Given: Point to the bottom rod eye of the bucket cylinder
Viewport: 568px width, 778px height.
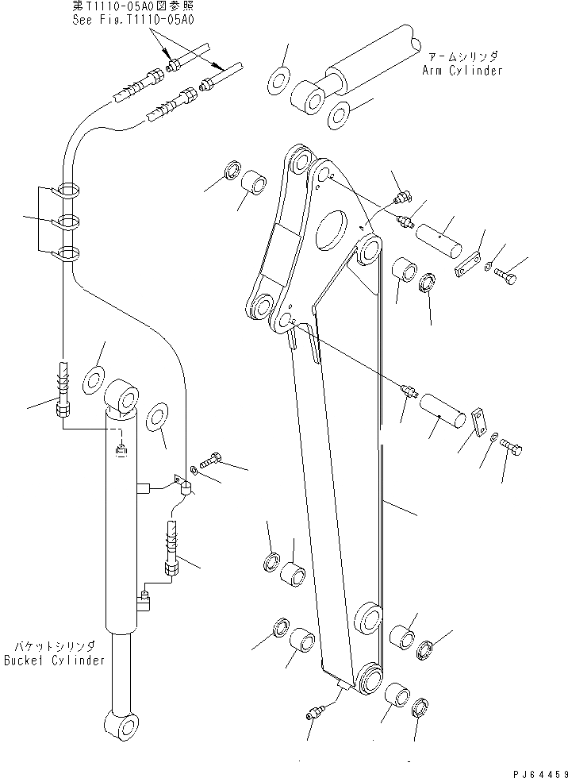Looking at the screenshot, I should pyautogui.click(x=121, y=726).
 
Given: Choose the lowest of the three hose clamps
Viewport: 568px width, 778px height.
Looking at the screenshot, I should pyautogui.click(x=67, y=255).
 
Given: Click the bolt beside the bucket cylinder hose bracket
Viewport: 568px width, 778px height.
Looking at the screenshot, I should pyautogui.click(x=213, y=458).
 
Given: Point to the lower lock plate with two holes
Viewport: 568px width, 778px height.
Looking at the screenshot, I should pyautogui.click(x=478, y=422).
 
